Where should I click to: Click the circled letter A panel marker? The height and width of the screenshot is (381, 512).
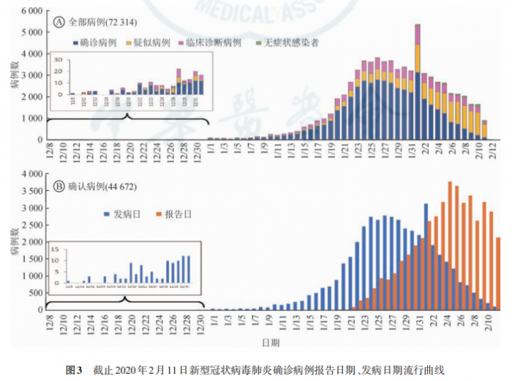(59, 22)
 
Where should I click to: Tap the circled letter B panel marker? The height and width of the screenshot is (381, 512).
(59, 186)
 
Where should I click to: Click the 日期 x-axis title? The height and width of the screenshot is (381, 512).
(271, 342)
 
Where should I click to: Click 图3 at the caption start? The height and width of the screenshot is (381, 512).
(74, 369)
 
